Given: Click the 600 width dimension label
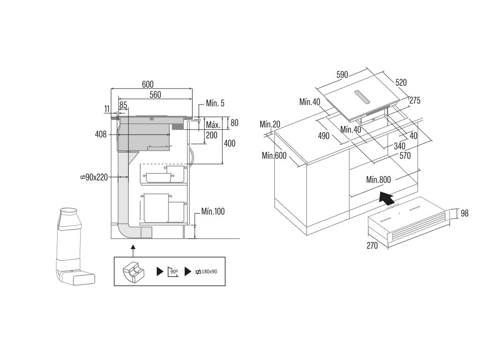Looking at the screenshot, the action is point(148,84).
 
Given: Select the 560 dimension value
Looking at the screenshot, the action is point(155,95).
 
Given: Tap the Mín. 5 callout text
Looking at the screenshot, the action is point(215,103).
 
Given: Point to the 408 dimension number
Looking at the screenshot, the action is point(101,134).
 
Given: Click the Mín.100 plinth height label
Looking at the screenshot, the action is point(213,211).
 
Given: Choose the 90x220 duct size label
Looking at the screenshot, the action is point(94,177).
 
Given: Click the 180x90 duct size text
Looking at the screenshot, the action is point(207,271).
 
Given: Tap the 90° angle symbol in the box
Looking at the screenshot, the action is point(173,271).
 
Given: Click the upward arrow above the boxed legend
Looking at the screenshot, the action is point(133,251).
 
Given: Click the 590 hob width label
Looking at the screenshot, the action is point(342,75).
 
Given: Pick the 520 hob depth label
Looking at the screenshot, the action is point(401,82).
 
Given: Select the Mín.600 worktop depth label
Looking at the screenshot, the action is point(274,156).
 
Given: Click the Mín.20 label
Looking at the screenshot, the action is point(270,124).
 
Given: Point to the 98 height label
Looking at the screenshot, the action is point(465,213).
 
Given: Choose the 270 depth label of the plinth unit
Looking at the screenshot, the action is point(372,246).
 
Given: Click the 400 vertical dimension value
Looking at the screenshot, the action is point(230,143).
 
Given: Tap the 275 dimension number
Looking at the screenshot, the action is point(415,100).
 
